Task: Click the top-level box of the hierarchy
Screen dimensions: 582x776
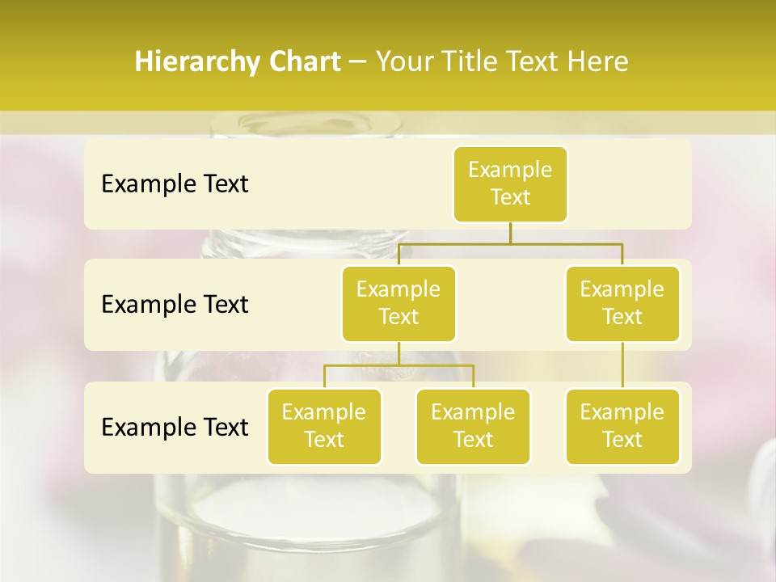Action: tap(510, 184)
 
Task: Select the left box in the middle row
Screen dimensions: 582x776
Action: tap(399, 303)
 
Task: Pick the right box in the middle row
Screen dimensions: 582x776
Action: tap(622, 303)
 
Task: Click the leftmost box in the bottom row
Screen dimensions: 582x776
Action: tap(324, 426)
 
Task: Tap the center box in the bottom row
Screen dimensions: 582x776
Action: tap(473, 426)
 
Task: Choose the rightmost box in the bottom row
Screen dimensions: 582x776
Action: tap(622, 426)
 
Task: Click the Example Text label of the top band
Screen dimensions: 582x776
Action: tap(175, 184)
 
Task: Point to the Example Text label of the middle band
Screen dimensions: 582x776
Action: tap(175, 304)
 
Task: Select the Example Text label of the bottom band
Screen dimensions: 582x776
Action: tap(175, 427)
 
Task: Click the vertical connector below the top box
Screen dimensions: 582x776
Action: tap(510, 233)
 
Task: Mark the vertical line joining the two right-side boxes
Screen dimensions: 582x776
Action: tap(622, 365)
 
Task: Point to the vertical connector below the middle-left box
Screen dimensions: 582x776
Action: tap(399, 353)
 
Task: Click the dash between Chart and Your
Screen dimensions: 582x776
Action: tap(358, 62)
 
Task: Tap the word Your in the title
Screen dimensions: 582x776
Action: tap(406, 62)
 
